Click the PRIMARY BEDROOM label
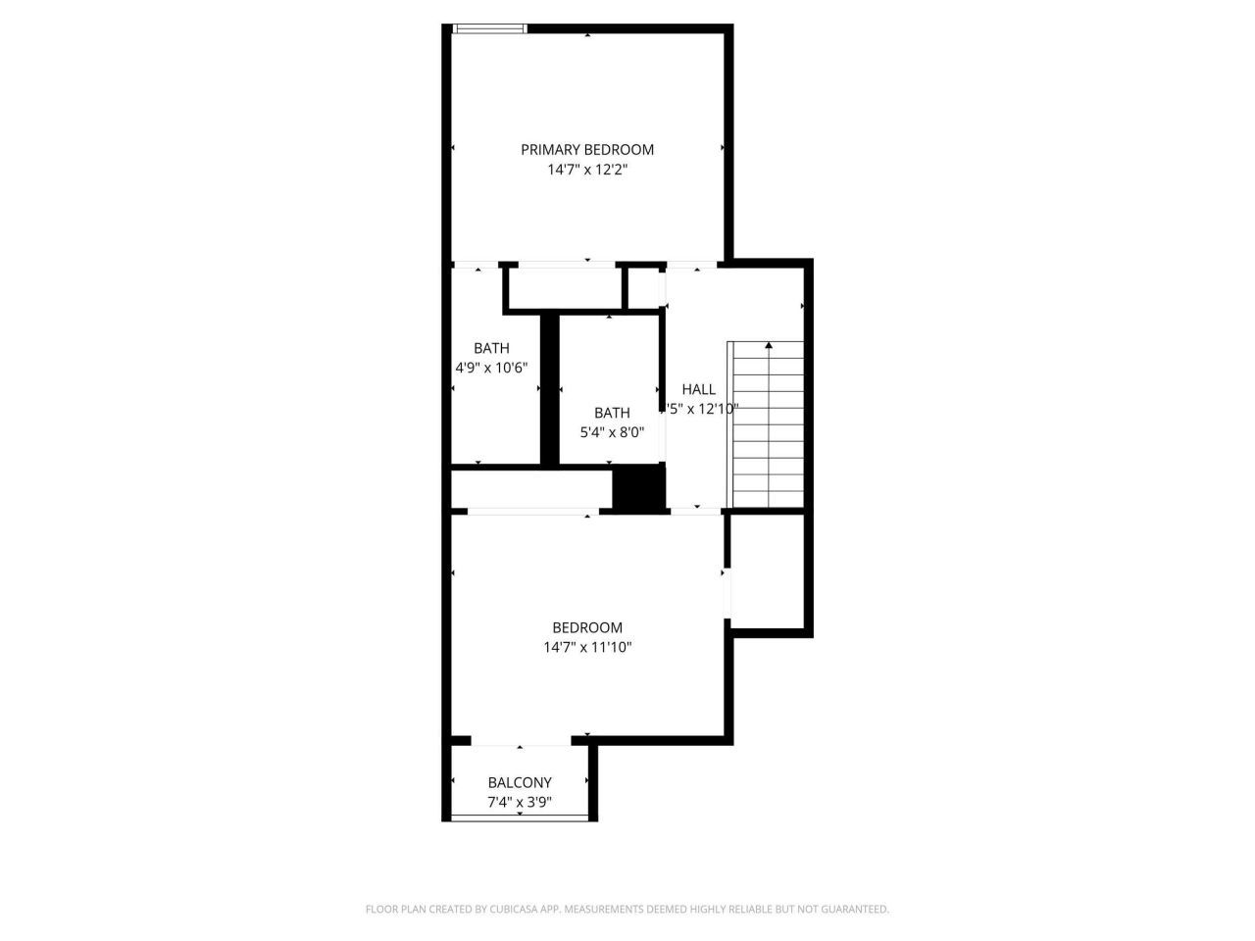coord(586,150)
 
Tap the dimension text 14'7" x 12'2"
coord(586,170)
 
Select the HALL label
coord(698,389)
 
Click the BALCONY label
coord(520,782)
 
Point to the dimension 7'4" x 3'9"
coord(520,802)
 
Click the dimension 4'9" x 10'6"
coord(491,368)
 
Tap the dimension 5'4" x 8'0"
coord(612,432)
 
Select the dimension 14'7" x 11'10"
coord(587,647)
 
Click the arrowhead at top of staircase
coord(769,345)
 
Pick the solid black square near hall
coord(638,487)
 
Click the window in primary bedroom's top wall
coord(489,29)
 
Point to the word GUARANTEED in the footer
coord(853,910)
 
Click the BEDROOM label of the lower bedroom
coord(587,627)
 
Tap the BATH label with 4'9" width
coord(491,348)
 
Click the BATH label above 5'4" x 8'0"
coord(612,413)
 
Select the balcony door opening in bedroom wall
coord(520,740)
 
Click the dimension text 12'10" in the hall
coord(715,409)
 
